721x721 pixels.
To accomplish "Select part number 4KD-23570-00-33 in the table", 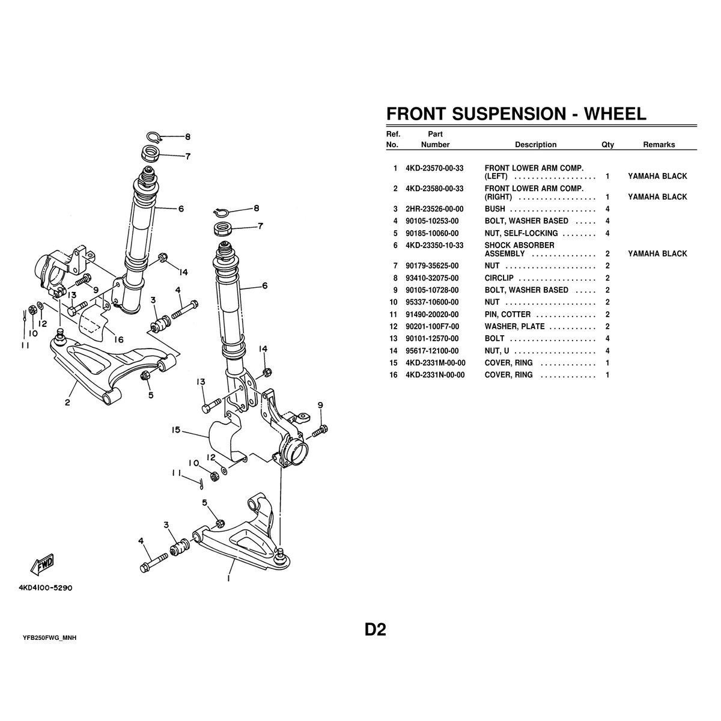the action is [x=434, y=168].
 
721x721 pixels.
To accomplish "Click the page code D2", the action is [x=376, y=629].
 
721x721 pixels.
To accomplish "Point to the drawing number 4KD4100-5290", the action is [x=46, y=588].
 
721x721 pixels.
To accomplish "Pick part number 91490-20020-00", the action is [x=432, y=314].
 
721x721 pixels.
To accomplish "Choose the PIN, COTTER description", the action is [x=507, y=314].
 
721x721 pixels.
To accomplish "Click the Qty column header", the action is [x=607, y=144].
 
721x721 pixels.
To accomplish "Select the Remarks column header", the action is [x=659, y=144].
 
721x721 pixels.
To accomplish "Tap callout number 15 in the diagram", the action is [x=176, y=430].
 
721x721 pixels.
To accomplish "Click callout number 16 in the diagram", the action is [x=118, y=339].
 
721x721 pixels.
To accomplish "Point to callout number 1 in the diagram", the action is [x=228, y=578].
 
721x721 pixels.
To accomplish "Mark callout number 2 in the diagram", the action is [x=67, y=403].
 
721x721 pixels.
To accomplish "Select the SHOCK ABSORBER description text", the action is [x=519, y=249].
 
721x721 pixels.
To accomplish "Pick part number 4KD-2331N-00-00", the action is [x=435, y=375].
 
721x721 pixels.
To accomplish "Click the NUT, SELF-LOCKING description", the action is [x=521, y=233].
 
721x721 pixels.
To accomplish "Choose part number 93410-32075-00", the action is [x=432, y=278].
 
